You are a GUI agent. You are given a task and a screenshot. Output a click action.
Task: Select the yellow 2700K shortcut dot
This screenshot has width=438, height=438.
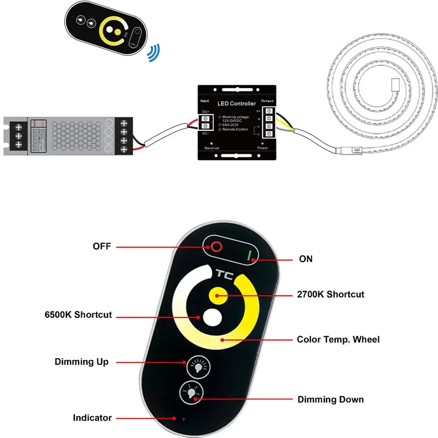coord(217,295)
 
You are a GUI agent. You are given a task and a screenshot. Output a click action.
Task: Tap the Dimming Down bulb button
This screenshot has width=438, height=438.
coord(192,391)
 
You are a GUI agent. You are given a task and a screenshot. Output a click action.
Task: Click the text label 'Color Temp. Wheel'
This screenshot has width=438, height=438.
coord(338,339)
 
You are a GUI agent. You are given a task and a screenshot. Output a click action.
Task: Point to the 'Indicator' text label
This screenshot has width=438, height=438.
coord(92,417)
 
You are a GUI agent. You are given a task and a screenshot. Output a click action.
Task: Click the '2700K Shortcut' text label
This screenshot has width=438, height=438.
coord(331,294)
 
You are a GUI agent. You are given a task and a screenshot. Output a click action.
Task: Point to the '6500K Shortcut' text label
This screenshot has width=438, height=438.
coord(78,315)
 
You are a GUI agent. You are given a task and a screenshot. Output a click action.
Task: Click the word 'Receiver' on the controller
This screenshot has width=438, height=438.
coord(212,148)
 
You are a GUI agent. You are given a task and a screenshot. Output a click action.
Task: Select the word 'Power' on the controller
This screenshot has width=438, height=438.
coord(262,148)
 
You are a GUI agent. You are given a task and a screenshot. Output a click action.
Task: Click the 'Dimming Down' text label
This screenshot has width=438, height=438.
coord(331,400)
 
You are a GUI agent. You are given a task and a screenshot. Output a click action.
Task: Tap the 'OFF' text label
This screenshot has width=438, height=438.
coord(102,246)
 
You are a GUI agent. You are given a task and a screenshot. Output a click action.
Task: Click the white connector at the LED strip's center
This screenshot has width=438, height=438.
coord(396,84)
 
